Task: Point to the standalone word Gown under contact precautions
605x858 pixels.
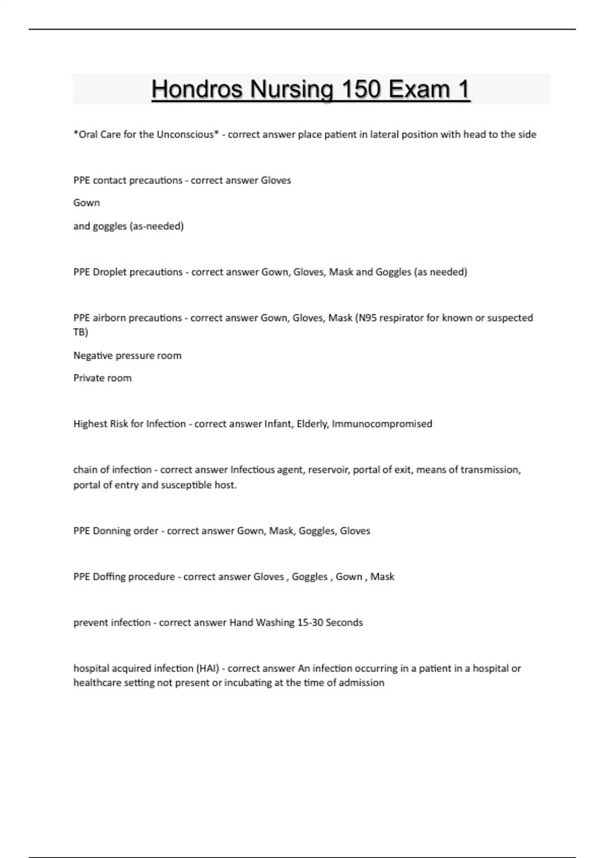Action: pyautogui.click(x=87, y=203)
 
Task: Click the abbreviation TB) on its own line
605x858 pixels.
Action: pyautogui.click(x=81, y=332)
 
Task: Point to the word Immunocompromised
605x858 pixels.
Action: pyautogui.click(x=382, y=424)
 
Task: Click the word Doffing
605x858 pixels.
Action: pyautogui.click(x=110, y=577)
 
